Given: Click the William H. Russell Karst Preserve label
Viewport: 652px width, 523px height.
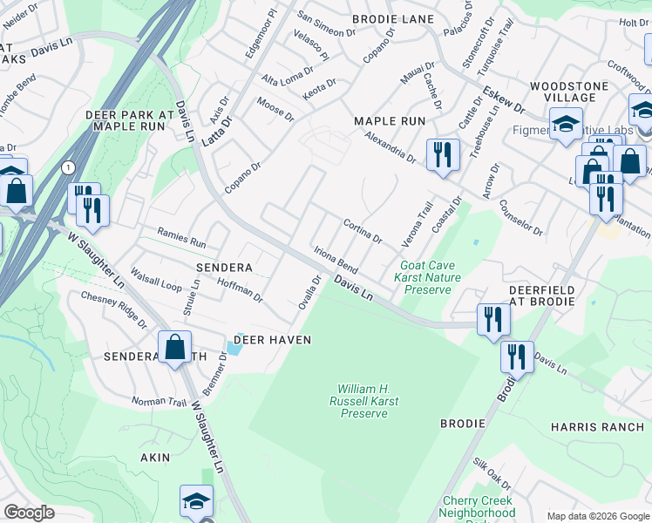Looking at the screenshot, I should coord(363,401).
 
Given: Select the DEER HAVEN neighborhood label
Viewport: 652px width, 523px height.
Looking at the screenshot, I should coord(271,340).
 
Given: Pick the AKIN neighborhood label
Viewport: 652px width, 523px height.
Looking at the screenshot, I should coord(154,457).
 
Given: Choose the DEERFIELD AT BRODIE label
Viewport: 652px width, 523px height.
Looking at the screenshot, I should coord(541,295).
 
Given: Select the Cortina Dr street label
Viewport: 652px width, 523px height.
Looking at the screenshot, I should coord(362,231).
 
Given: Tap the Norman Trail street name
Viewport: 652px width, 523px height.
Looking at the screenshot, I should coord(160,402).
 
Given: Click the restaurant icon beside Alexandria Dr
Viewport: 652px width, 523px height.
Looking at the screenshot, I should coord(443,156).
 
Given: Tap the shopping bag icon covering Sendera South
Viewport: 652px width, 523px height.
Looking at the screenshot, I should coord(175,347).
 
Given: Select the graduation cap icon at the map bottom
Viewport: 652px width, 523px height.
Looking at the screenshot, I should coord(197,500).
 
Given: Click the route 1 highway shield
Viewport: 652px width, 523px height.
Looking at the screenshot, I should coord(67,166).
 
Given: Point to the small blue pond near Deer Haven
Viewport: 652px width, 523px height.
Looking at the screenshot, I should coord(234,347).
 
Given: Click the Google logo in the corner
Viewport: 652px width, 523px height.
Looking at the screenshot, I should coord(30,513).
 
